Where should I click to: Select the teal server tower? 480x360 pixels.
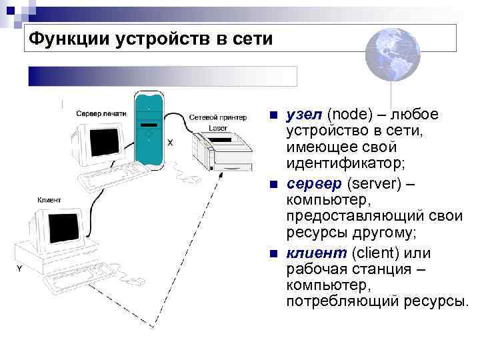[148, 130]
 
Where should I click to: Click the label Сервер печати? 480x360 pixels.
[101, 113]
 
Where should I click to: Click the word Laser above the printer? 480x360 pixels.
[217, 127]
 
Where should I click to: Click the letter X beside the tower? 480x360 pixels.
[170, 142]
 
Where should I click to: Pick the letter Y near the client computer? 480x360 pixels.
[19, 268]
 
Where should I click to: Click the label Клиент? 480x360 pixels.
[49, 200]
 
